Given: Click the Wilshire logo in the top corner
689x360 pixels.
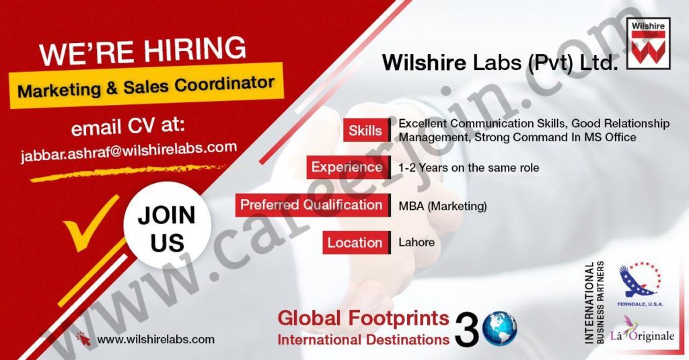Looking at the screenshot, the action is tap(648, 44).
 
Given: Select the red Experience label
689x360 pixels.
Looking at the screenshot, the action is tap(348, 167).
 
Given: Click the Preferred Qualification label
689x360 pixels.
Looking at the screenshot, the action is tap(312, 205).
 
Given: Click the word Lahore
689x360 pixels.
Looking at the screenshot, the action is tap(416, 242).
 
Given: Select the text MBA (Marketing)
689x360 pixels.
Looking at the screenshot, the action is tap(443, 206).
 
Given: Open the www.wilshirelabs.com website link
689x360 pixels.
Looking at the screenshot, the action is tap(155, 339).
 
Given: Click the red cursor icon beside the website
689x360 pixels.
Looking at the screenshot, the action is tap(83, 338).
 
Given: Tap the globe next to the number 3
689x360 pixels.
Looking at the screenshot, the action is tap(500, 328).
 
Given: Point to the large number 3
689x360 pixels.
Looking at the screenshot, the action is tap(467, 330).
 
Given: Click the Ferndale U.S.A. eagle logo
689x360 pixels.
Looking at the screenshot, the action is tap(640, 284).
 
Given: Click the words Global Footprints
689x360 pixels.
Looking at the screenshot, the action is tap(363, 318).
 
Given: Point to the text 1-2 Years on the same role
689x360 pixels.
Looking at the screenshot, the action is tap(468, 168).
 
